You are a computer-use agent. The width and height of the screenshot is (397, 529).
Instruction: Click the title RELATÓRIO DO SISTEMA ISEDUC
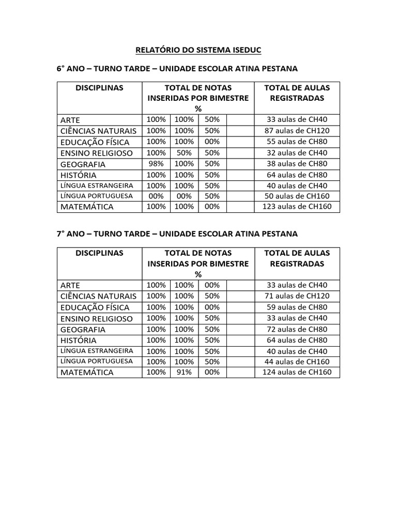click(198, 50)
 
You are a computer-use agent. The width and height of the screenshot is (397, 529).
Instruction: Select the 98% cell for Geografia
click(156, 164)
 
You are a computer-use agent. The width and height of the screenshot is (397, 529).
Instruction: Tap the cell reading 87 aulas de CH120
click(297, 131)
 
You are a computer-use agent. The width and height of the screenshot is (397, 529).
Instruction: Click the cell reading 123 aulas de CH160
click(297, 207)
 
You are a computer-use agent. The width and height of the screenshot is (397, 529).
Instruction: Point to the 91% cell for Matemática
click(184, 372)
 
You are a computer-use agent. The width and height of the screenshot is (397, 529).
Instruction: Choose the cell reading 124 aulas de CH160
click(297, 372)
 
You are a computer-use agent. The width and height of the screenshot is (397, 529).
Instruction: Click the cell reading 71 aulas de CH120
click(297, 296)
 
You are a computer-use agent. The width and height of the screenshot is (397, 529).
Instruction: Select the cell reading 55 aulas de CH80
click(297, 142)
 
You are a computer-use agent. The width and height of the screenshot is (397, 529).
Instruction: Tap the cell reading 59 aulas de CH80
click(297, 307)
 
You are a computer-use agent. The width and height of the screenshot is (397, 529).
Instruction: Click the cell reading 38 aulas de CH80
click(297, 164)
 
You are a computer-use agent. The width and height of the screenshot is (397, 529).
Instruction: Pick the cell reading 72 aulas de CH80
click(297, 329)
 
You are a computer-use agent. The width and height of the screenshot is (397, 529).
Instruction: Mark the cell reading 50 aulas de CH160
click(297, 196)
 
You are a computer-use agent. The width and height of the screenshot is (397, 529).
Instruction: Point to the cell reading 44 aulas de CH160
click(297, 362)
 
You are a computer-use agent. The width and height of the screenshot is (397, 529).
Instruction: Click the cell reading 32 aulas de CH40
click(297, 153)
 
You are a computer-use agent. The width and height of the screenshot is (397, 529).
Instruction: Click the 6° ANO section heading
click(177, 69)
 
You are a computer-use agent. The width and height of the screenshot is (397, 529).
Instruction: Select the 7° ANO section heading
click(177, 234)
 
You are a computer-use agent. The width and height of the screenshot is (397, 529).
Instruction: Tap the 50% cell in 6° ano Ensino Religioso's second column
click(184, 153)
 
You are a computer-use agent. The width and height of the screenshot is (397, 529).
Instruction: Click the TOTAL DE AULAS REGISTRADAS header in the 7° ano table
click(297, 258)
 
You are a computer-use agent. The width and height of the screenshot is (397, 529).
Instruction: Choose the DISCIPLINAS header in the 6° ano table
click(99, 88)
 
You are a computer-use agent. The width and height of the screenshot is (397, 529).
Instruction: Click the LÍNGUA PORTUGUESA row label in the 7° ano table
click(97, 361)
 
